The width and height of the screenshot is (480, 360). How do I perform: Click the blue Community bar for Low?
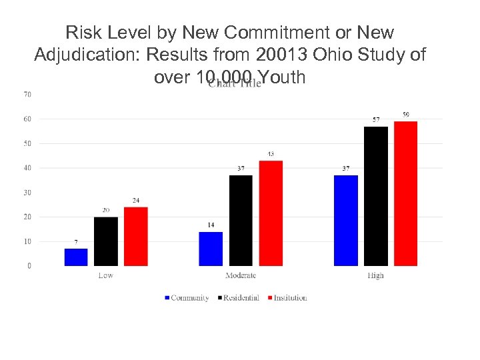pos(76,257)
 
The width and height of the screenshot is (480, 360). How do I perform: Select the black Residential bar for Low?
pos(106,241)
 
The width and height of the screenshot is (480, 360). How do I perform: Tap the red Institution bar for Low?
pos(136,237)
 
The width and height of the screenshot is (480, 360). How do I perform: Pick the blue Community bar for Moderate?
pos(211,249)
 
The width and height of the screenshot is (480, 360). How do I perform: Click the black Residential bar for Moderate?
pos(241,221)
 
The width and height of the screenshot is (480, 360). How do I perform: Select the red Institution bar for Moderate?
pos(271,213)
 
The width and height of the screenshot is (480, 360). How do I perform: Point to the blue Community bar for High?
pos(345,221)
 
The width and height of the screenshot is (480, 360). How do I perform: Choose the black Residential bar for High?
pos(376,196)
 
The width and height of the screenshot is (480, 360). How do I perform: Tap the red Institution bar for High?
pos(405,193)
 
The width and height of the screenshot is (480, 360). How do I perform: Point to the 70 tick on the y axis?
pos(27,95)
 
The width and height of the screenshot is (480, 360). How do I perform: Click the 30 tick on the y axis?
pos(27,193)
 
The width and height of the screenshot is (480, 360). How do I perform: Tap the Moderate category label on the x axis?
pos(241,275)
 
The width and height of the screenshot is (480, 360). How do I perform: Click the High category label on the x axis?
pos(375,275)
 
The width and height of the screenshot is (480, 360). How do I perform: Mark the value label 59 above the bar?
pos(405,115)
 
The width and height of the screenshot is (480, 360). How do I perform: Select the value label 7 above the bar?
pos(76,242)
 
